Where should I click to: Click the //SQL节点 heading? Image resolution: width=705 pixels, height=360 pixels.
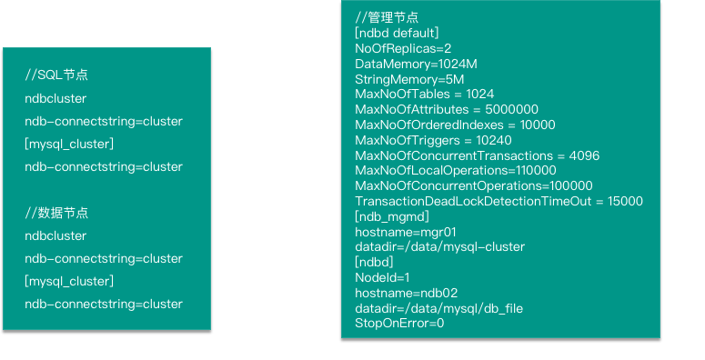tap(56, 75)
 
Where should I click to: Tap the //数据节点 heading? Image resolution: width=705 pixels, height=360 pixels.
tap(56, 213)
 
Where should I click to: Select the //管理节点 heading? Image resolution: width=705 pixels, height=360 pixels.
tap(387, 17)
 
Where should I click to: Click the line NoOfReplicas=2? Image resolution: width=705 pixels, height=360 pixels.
tap(403, 48)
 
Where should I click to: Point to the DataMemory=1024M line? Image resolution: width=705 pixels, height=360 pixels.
tap(416, 64)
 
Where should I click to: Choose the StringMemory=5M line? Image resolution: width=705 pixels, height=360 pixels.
tap(409, 80)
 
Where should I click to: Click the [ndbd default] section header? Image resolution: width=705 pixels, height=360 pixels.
tap(397, 34)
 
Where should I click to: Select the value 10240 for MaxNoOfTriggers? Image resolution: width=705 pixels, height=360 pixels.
tap(494, 140)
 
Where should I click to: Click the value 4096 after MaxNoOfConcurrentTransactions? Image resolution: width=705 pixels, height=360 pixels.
tap(584, 156)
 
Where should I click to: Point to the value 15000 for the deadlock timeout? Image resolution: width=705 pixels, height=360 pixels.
tap(625, 201)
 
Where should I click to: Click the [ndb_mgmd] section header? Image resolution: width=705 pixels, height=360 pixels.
tap(392, 216)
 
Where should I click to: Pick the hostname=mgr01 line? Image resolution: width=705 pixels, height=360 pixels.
tap(406, 233)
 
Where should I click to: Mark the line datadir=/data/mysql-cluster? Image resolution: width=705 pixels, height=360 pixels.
tap(439, 247)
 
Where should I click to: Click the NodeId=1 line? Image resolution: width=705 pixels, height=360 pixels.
tap(382, 278)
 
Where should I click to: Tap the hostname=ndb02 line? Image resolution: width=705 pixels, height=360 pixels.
tap(407, 293)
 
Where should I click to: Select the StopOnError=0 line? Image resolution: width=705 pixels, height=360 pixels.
tap(399, 323)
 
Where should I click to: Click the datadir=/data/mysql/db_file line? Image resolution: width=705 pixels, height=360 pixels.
tap(438, 309)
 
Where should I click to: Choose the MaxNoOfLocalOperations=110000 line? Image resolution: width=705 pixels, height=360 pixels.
tap(456, 171)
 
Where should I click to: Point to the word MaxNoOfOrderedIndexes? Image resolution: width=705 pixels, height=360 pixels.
tap(429, 125)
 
